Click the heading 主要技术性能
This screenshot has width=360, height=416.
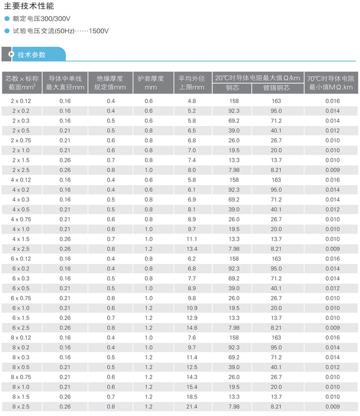(29, 7)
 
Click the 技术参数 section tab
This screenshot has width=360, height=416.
(32, 55)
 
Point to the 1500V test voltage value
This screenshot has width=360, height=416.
(99, 31)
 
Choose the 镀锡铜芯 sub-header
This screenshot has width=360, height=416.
(276, 88)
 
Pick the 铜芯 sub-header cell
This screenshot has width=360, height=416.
(232, 88)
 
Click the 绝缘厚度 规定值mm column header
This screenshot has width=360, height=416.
(111, 83)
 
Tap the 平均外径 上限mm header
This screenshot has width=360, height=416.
(192, 83)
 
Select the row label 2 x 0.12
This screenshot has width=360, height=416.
(21, 101)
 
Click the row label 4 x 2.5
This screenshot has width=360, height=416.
(21, 249)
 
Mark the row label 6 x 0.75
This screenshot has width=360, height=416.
(21, 298)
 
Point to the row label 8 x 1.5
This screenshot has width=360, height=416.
(21, 397)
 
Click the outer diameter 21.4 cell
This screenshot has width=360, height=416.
(192, 407)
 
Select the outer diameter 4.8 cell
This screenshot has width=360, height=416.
(192, 101)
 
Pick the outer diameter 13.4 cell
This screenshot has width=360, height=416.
(192, 249)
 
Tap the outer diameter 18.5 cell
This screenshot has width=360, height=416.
(192, 397)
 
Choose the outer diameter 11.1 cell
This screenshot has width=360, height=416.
(192, 239)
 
